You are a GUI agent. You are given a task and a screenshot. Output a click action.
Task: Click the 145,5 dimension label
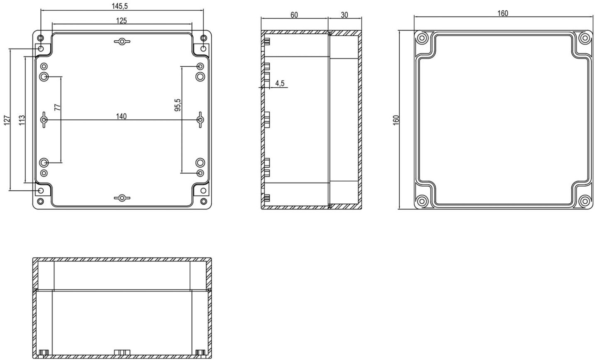pyautogui.click(x=120, y=6)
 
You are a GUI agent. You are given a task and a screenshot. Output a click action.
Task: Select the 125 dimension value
pyautogui.click(x=121, y=20)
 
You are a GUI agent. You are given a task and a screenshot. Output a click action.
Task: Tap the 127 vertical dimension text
pyautogui.click(x=7, y=120)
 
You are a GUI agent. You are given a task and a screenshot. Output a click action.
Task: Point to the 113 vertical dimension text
pyautogui.click(x=22, y=120)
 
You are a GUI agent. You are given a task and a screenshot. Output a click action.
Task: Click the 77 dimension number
pyautogui.click(x=57, y=107)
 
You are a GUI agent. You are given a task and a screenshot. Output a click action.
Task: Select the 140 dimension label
pyautogui.click(x=121, y=116)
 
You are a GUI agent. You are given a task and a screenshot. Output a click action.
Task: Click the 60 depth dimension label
pyautogui.click(x=294, y=15)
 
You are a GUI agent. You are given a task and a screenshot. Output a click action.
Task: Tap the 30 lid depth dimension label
pyautogui.click(x=344, y=15)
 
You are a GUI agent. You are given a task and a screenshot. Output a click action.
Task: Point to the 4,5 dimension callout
pyautogui.click(x=280, y=84)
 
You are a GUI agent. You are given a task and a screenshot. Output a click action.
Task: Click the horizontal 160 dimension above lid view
pyautogui.click(x=503, y=13)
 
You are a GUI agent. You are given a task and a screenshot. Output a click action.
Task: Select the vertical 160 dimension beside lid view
pyautogui.click(x=396, y=120)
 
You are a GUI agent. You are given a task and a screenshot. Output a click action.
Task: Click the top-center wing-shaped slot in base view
pyautogui.click(x=122, y=42)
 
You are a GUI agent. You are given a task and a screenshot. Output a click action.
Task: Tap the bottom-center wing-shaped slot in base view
pyautogui.click(x=122, y=198)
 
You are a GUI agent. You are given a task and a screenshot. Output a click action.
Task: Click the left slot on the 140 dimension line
pyautogui.click(x=44, y=120)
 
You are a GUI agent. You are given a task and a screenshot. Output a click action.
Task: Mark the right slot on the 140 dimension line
pyautogui.click(x=200, y=120)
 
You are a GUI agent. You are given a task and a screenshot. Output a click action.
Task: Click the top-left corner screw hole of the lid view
pyautogui.click(x=422, y=38)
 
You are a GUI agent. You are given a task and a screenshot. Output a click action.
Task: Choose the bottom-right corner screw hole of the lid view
pyautogui.click(x=585, y=201)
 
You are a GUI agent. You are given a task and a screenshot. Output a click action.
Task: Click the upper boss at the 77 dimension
pyautogui.click(x=44, y=77)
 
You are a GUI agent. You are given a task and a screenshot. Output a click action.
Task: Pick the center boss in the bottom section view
pyautogui.click(x=122, y=352)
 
